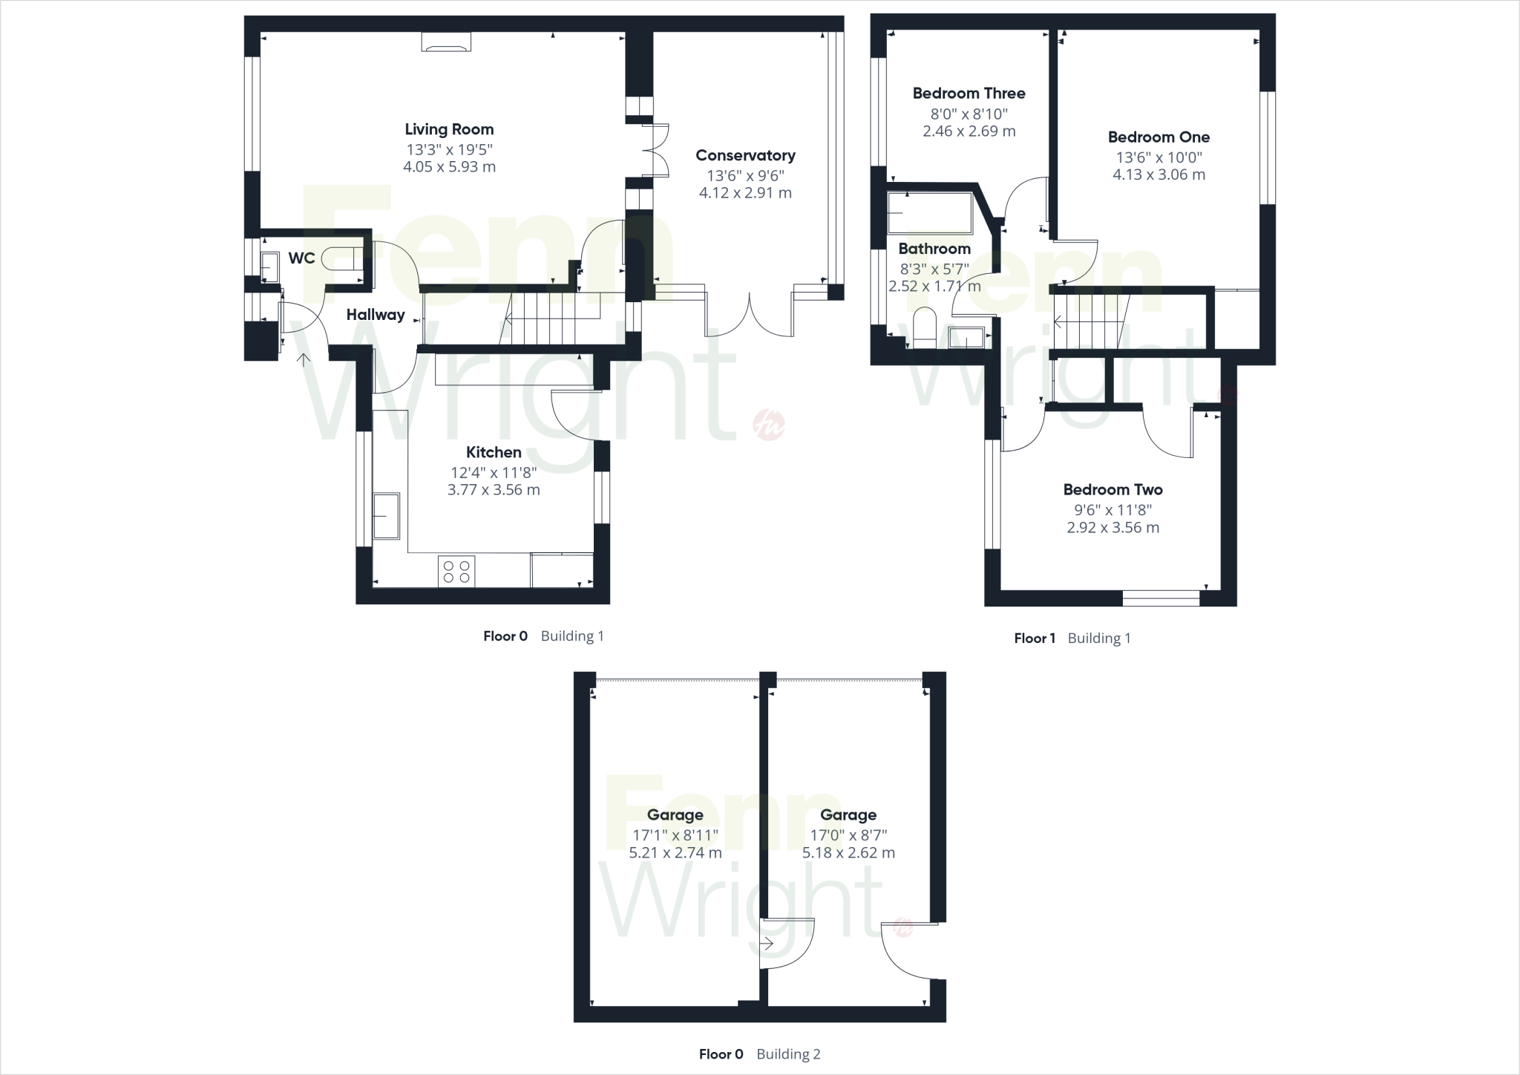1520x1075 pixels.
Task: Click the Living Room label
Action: point(449,129)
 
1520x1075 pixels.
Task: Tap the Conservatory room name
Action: point(745,155)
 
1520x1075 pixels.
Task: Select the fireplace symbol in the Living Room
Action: point(446,42)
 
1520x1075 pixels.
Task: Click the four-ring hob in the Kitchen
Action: point(456,571)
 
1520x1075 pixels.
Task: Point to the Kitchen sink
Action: point(386,514)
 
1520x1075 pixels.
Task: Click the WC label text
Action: point(301,258)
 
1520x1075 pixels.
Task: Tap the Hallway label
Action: point(376,315)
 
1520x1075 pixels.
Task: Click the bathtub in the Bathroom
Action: point(930,213)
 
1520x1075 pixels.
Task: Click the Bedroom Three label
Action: point(969,94)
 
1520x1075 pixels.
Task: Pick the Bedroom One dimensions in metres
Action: point(1159,175)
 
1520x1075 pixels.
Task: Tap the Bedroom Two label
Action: point(1113,490)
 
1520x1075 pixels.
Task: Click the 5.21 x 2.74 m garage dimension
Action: point(675,853)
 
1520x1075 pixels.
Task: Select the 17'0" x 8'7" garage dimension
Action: point(848,834)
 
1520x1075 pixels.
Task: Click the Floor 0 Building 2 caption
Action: point(759,1054)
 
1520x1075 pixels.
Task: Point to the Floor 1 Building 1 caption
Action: point(1072,638)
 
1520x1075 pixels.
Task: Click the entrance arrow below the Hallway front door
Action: point(304,361)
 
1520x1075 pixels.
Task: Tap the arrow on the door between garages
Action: point(767,944)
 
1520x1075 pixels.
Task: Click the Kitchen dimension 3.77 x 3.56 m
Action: point(494,490)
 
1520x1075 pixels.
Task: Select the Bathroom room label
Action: point(934,249)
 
